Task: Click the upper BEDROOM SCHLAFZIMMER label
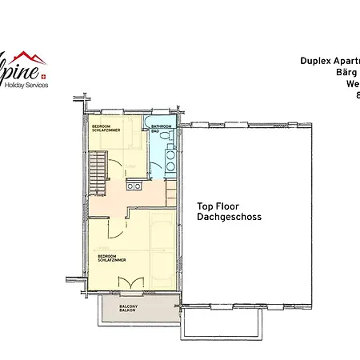pos(102,129)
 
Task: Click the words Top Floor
pos(218,206)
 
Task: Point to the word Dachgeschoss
pos(229,217)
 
